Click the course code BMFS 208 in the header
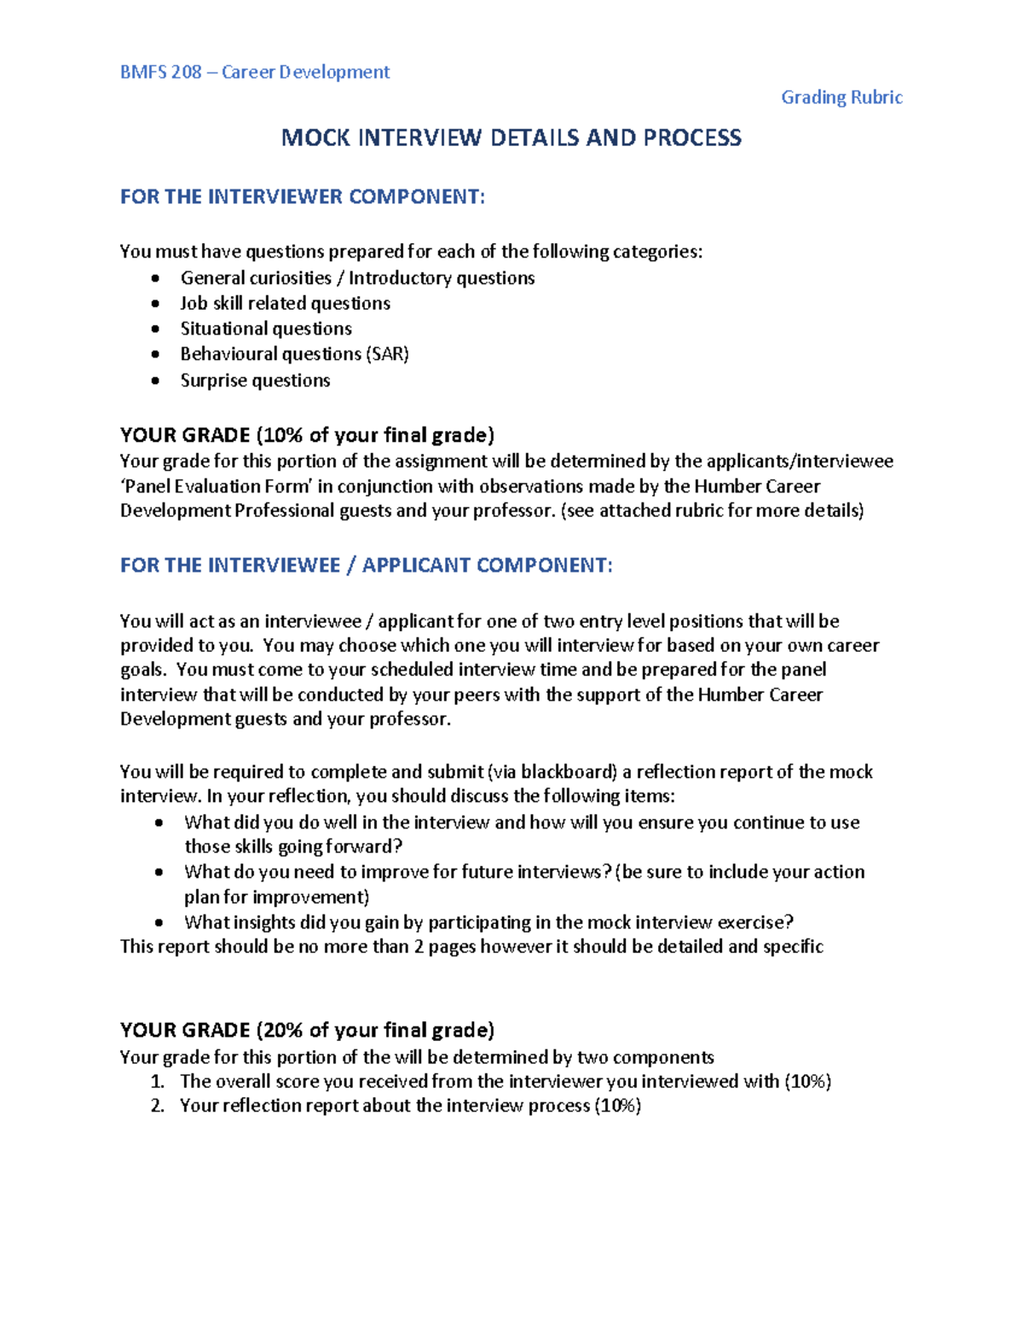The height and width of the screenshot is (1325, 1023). (161, 73)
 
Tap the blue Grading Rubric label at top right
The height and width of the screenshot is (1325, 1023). (841, 97)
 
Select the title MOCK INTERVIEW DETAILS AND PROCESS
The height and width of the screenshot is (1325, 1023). (511, 138)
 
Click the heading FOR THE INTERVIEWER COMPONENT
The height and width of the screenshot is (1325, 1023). (303, 197)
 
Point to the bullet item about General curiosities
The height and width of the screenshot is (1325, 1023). (357, 278)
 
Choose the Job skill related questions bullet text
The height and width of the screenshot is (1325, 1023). (285, 304)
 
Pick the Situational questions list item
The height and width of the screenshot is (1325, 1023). (266, 328)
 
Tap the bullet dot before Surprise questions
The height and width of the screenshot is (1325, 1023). (155, 381)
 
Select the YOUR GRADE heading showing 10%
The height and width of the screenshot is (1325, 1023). (307, 435)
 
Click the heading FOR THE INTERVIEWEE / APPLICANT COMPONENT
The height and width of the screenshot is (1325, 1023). (366, 566)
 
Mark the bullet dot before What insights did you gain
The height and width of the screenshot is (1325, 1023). (159, 922)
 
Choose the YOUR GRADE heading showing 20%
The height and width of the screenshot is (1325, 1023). (307, 1031)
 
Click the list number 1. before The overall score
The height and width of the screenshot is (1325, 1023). (157, 1082)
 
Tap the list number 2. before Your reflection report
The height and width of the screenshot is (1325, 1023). (157, 1107)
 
